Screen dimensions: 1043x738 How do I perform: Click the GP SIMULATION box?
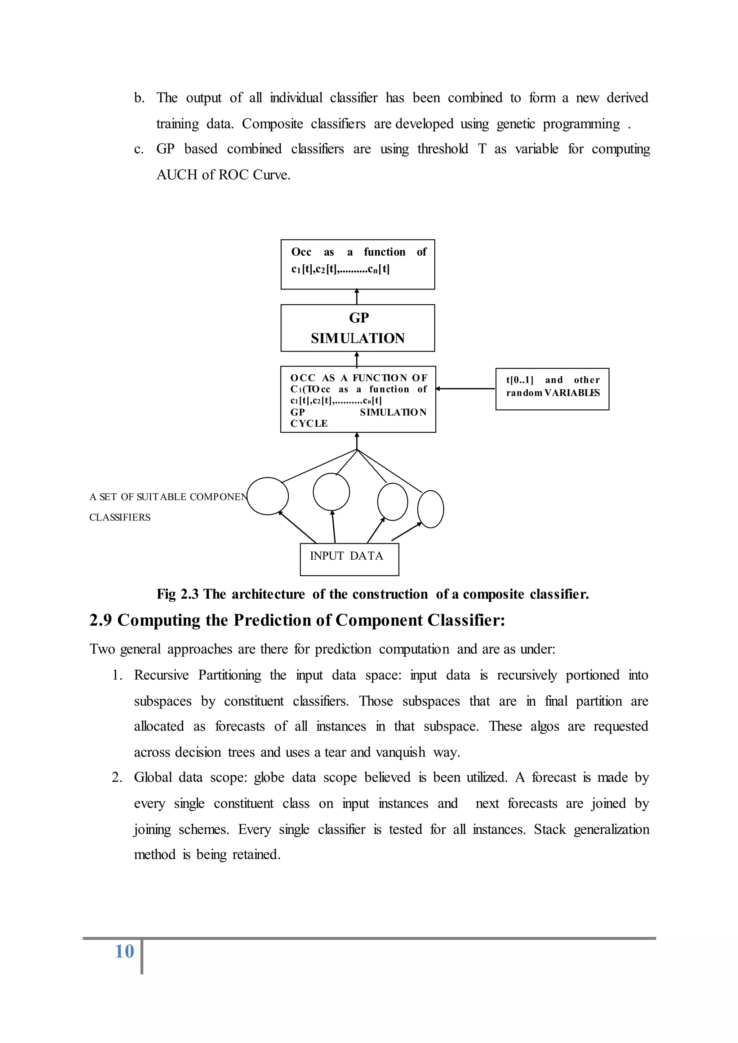tap(357, 328)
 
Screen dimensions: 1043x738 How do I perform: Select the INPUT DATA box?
tap(349, 559)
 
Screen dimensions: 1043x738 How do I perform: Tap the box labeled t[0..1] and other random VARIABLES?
tap(552, 389)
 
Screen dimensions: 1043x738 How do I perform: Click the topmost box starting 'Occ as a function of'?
tap(357, 264)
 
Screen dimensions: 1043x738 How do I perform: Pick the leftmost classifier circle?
tap(268, 496)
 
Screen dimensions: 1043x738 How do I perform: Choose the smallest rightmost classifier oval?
tap(430, 509)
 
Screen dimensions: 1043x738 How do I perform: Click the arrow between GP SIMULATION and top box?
tap(357, 297)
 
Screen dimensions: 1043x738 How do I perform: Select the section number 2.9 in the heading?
tap(101, 620)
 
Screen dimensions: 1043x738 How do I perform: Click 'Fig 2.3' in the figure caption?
tap(177, 594)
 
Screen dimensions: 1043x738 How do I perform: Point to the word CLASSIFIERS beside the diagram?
tap(120, 518)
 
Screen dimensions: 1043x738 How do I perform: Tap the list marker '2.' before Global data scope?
tap(117, 778)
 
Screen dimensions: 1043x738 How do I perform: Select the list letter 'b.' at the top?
tap(139, 98)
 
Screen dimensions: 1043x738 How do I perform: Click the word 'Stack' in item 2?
tap(550, 829)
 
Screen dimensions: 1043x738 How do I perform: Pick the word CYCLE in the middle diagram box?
tap(309, 424)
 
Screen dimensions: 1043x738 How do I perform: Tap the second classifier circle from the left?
tap(331, 492)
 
